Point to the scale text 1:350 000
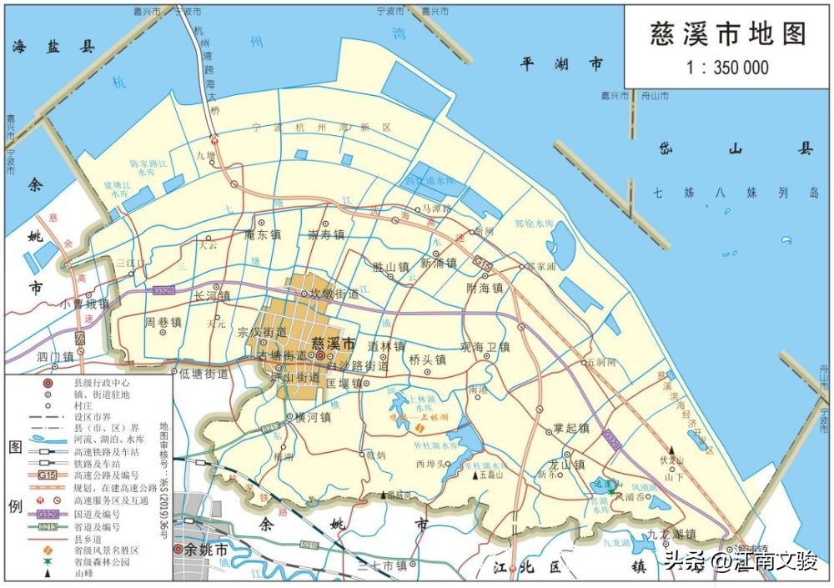pyautogui.click(x=728, y=68)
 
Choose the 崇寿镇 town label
pyautogui.click(x=326, y=236)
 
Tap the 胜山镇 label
pyautogui.click(x=389, y=268)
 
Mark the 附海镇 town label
pyautogui.click(x=485, y=288)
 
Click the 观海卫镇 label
pyautogui.click(x=485, y=348)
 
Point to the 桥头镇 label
pyautogui.click(x=427, y=360)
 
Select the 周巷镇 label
pyautogui.click(x=163, y=321)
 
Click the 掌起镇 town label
pyautogui.click(x=571, y=429)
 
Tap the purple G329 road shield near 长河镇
pyautogui.click(x=163, y=289)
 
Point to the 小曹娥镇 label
pyautogui.click(x=85, y=304)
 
